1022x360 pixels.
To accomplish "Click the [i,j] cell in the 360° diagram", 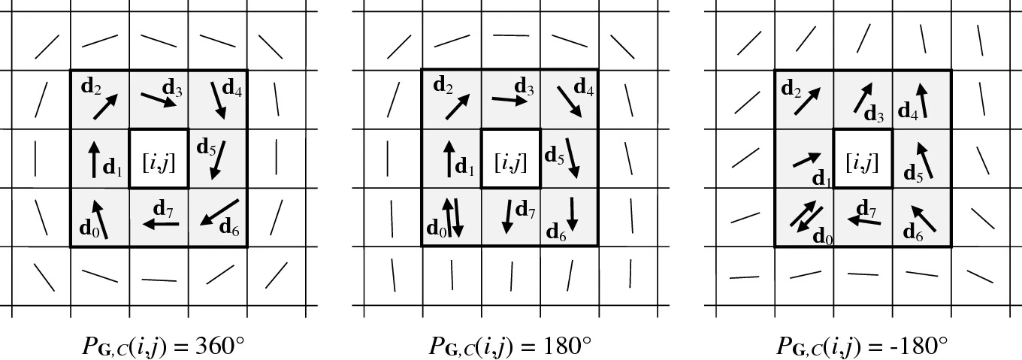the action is [159, 159].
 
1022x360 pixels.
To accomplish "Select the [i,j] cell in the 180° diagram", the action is [510, 159].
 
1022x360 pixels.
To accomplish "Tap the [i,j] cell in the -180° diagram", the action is [863, 159].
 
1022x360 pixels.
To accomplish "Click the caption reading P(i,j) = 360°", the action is [164, 345].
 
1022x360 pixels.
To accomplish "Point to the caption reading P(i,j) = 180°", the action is [510, 345].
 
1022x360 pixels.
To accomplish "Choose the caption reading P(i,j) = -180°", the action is [862, 345].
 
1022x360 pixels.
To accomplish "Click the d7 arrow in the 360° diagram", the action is [162, 224].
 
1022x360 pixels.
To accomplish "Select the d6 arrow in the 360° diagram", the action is [219, 213].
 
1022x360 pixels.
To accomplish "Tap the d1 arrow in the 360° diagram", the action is [95, 158].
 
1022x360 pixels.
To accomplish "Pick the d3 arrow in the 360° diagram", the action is [159, 99].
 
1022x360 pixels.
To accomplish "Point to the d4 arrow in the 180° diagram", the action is [569, 101].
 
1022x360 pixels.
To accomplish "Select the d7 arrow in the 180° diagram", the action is [509, 216].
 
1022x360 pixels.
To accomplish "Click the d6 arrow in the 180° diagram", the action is [573, 213].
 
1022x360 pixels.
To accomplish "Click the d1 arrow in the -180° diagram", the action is [806, 159].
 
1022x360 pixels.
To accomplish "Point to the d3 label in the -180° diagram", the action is [874, 115].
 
